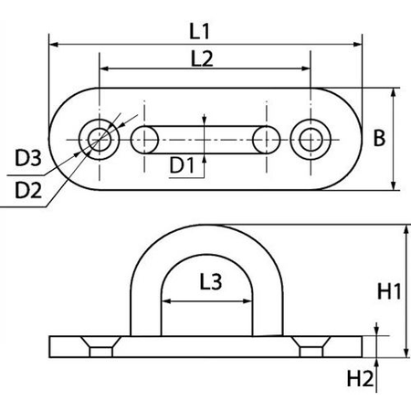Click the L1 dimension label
coord(206,30)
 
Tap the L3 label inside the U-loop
coord(207,286)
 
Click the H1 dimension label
coord(387,292)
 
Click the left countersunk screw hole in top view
coord(97,139)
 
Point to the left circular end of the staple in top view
coord(144,139)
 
